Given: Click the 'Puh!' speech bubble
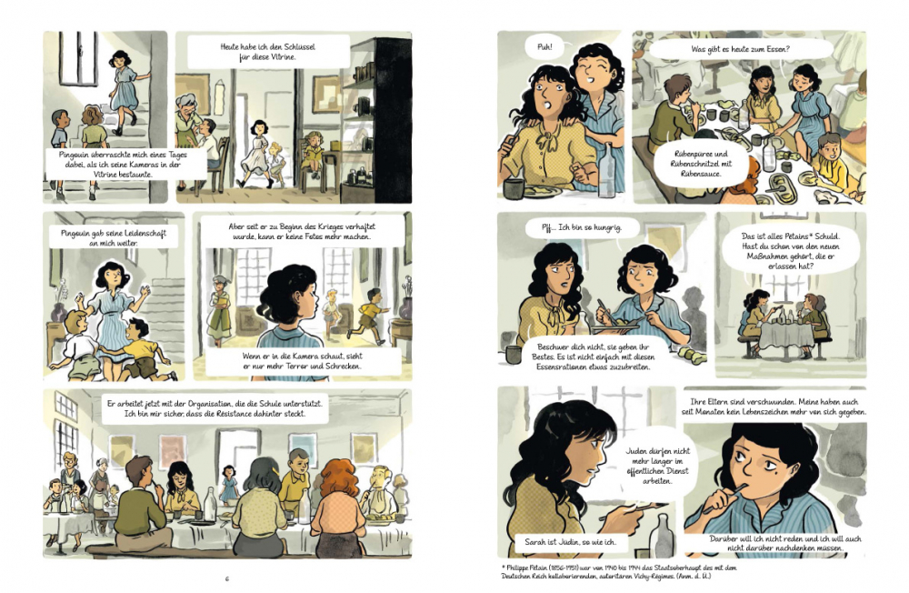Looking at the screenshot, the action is [544, 46].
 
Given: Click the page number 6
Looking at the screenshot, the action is [227, 578].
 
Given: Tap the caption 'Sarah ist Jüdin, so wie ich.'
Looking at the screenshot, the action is [571, 542].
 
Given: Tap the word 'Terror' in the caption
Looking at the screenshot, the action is [295, 367].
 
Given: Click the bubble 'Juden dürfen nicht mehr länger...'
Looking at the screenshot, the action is [657, 466].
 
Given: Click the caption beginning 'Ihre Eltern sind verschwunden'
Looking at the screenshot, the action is [774, 407].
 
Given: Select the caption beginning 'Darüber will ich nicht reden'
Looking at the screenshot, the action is [784, 543].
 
